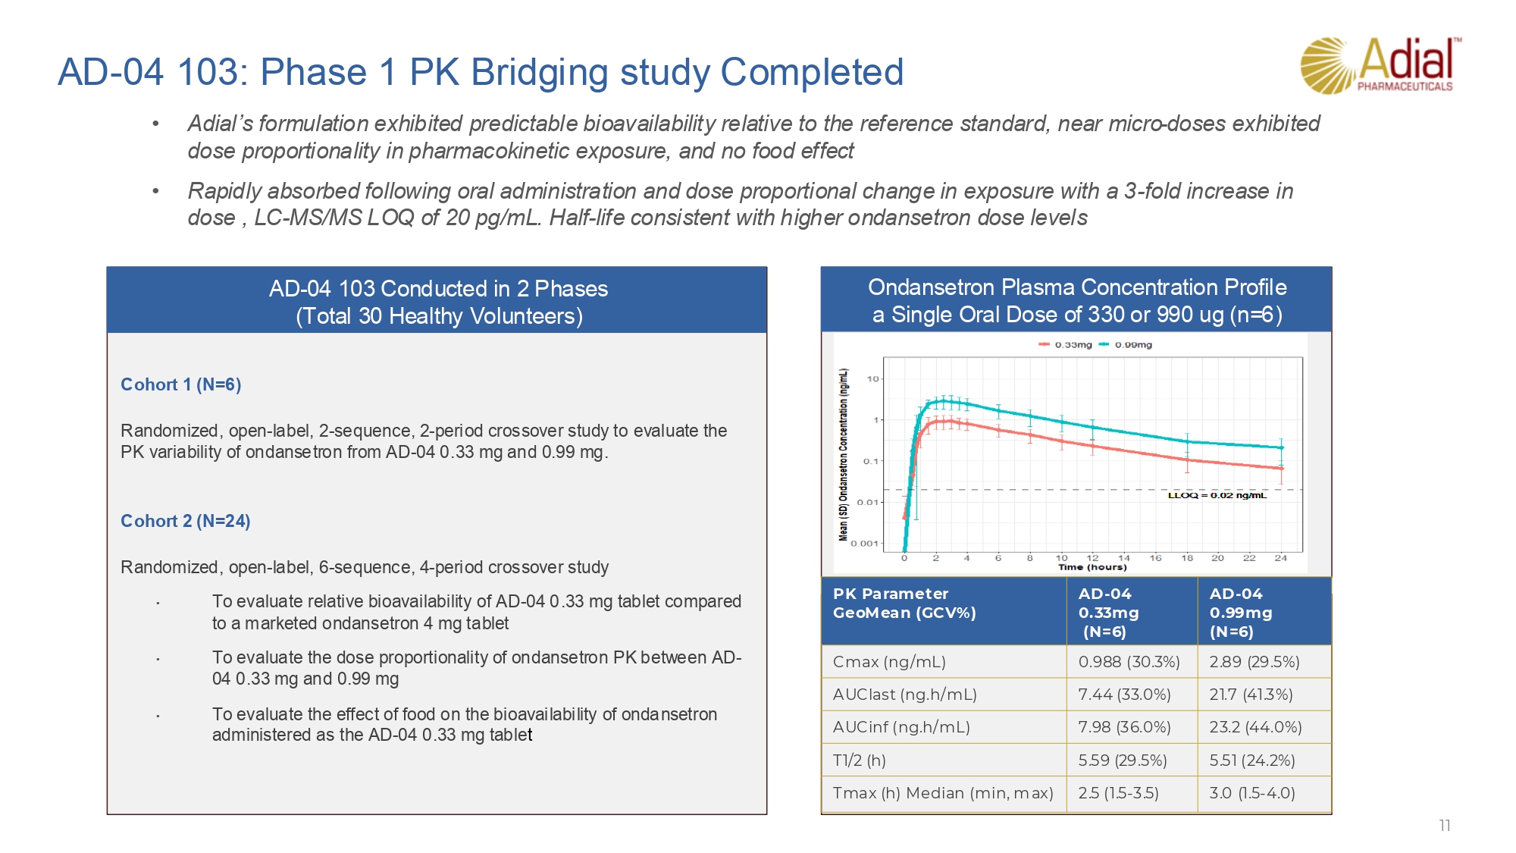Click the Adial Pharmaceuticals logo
click(1380, 66)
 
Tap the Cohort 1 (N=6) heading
click(180, 384)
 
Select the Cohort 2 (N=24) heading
click(185, 521)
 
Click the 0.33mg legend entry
click(1067, 345)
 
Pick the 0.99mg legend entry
click(1127, 345)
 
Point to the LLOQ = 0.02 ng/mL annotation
click(1217, 495)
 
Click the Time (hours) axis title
click(1092, 567)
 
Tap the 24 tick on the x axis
click(1280, 558)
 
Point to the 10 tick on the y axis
click(873, 378)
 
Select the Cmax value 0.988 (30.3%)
click(1129, 662)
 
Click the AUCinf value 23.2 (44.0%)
click(1255, 727)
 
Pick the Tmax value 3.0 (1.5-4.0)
click(1252, 793)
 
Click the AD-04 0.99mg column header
click(1241, 612)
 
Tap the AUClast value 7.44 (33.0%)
click(1124, 695)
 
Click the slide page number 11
click(1445, 826)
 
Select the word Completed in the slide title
click(812, 73)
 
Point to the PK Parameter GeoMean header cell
click(904, 604)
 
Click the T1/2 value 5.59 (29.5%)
click(1123, 760)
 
